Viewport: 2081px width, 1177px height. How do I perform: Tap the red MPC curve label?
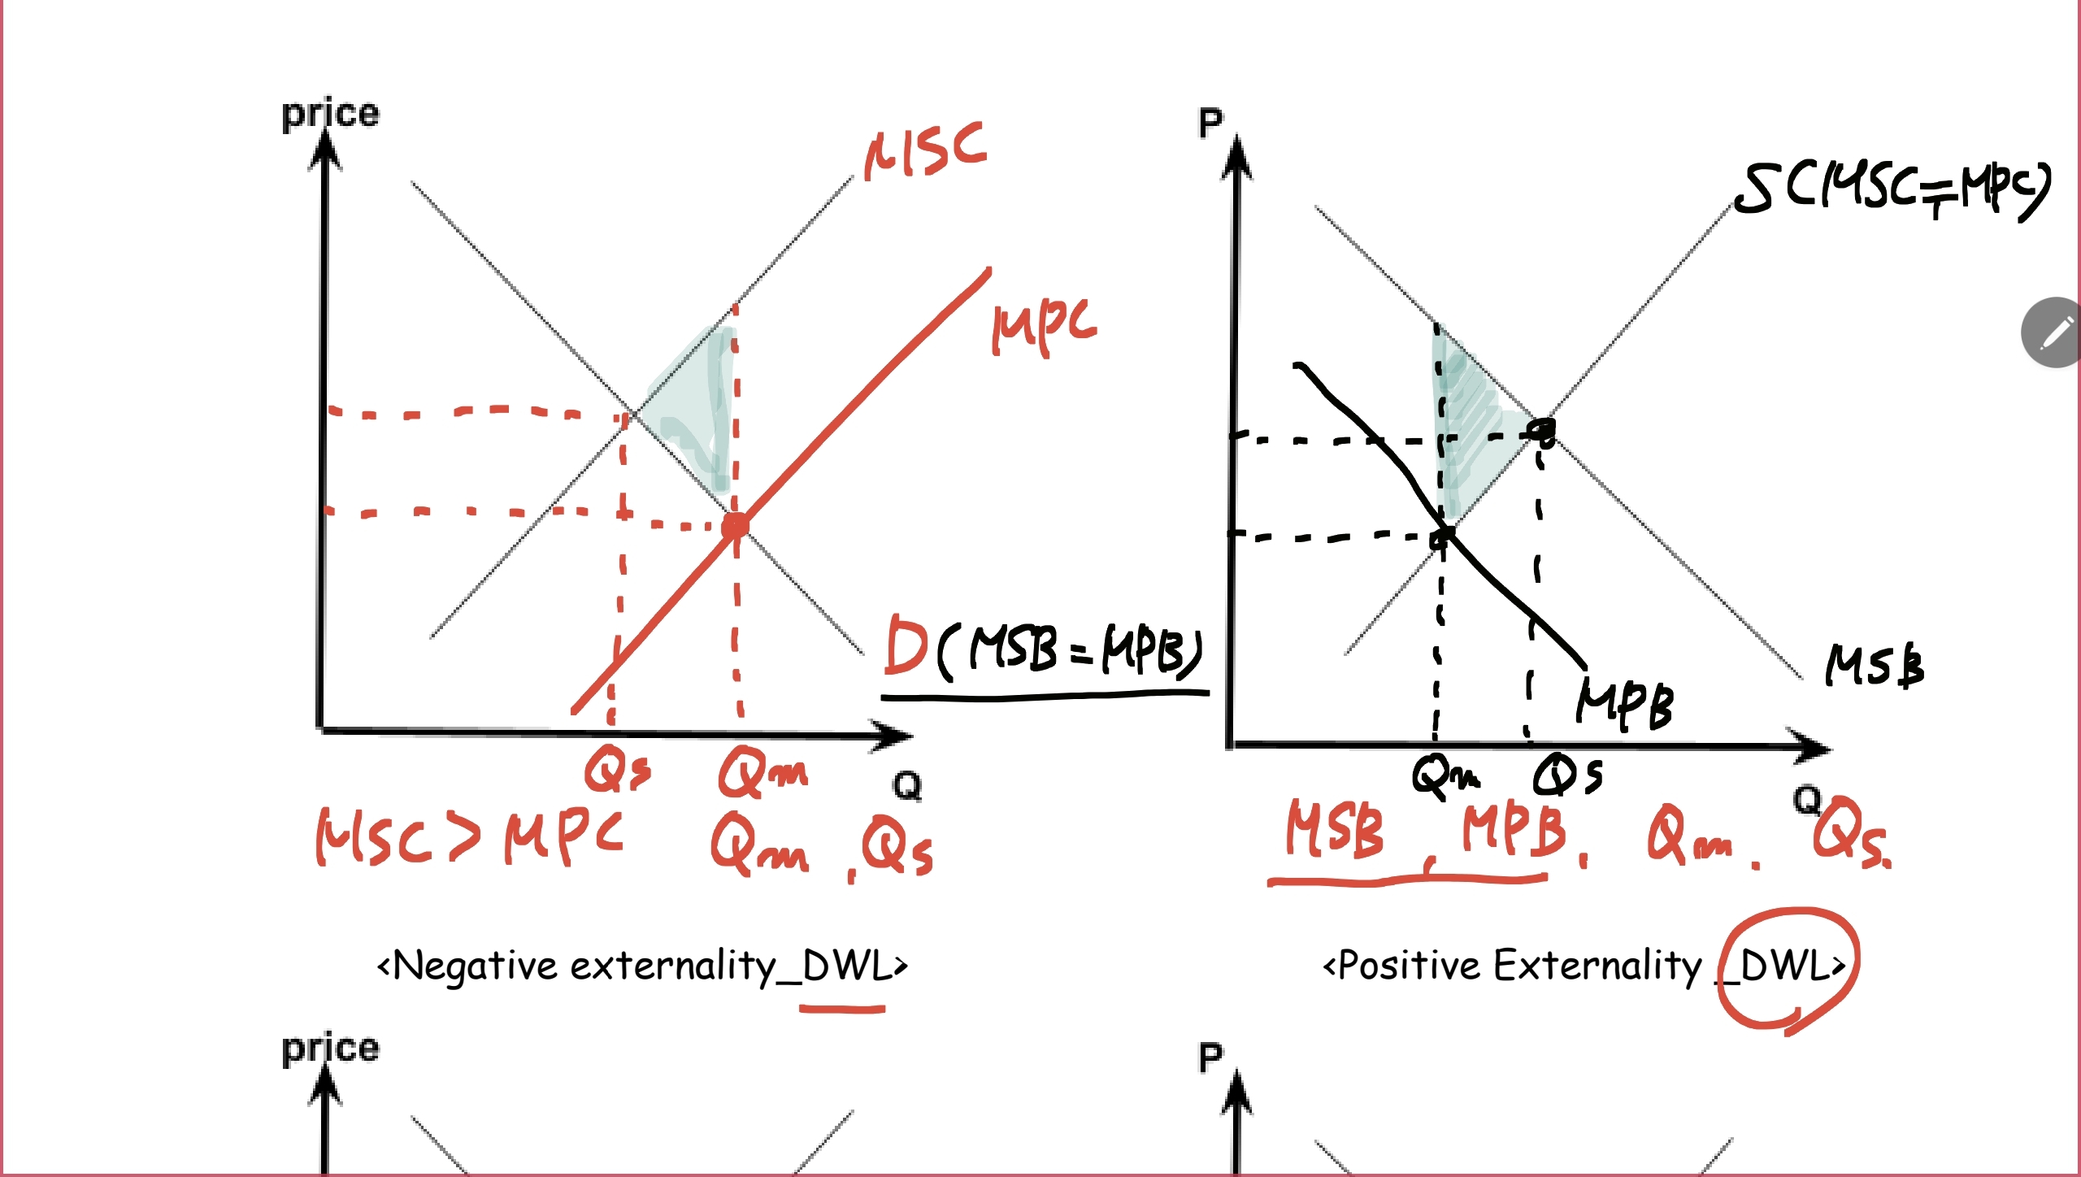tap(1044, 325)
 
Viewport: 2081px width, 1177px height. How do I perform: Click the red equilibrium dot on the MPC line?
tap(735, 526)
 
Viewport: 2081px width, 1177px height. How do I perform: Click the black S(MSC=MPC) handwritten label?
tap(1891, 192)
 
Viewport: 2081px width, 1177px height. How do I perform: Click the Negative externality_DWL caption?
tap(642, 966)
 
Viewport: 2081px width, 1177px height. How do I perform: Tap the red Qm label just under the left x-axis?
tap(762, 772)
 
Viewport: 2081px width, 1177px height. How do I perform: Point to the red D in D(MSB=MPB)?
tap(906, 645)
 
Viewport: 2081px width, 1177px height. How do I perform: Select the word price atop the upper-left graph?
tap(330, 114)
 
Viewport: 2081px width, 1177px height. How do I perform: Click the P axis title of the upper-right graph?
tap(1210, 124)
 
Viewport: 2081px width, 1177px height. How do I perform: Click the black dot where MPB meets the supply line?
tap(1444, 536)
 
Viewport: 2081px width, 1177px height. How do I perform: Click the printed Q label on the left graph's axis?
tap(907, 785)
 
